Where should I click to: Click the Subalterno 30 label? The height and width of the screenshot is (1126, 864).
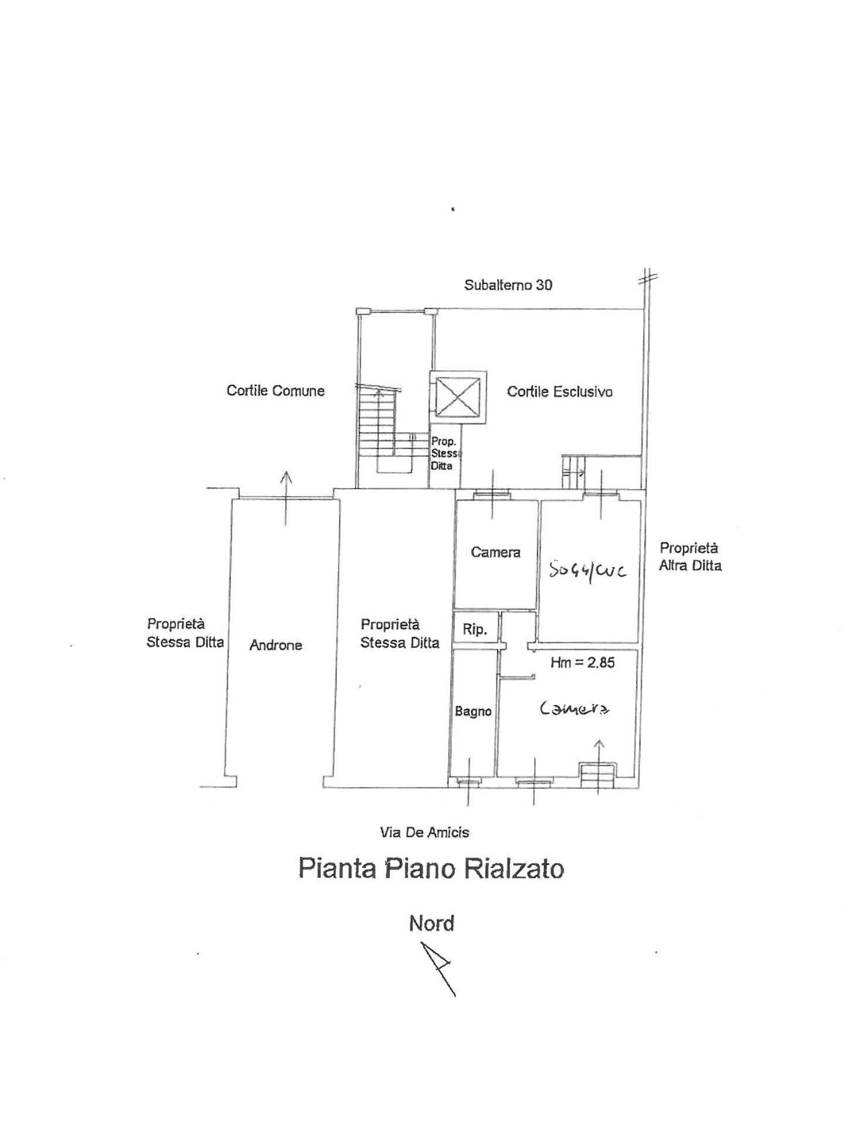click(508, 285)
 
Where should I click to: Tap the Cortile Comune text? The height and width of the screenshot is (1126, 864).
click(275, 391)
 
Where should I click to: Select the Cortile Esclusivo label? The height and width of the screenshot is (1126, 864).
click(559, 391)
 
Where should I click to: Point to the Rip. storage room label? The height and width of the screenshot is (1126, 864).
click(475, 630)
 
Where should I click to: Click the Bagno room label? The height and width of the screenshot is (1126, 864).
click(473, 711)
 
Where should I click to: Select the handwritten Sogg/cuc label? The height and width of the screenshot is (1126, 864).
click(588, 570)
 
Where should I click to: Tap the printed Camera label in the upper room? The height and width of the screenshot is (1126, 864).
click(495, 552)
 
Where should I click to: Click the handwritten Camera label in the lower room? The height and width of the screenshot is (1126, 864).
click(574, 709)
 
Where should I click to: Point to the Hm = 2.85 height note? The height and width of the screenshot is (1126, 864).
click(582, 663)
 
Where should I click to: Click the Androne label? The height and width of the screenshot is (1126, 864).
click(275, 645)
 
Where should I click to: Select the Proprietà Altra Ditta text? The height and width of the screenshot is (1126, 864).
click(689, 557)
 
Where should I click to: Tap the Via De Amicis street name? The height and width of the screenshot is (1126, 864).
click(424, 832)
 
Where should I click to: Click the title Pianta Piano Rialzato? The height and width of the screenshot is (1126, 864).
click(431, 869)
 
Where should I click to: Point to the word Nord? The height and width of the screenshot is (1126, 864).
click(431, 923)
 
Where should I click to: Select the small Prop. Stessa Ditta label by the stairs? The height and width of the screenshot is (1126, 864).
click(445, 454)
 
